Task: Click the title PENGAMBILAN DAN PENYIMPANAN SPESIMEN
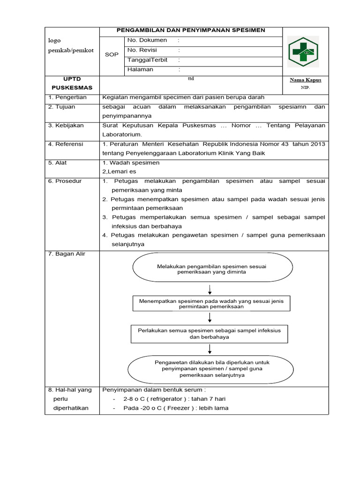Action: pyautogui.click(x=191, y=30)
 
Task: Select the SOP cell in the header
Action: pyautogui.click(x=112, y=55)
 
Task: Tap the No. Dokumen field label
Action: pyautogui.click(x=147, y=40)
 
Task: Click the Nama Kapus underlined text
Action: pyautogui.click(x=306, y=80)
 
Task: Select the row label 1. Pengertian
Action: pyautogui.click(x=68, y=97)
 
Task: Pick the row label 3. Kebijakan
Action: pyautogui.click(x=66, y=126)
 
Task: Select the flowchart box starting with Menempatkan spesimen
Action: pyautogui.click(x=211, y=303)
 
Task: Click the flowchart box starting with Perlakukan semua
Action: pyautogui.click(x=209, y=333)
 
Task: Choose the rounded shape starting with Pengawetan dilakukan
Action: pyautogui.click(x=211, y=369)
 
